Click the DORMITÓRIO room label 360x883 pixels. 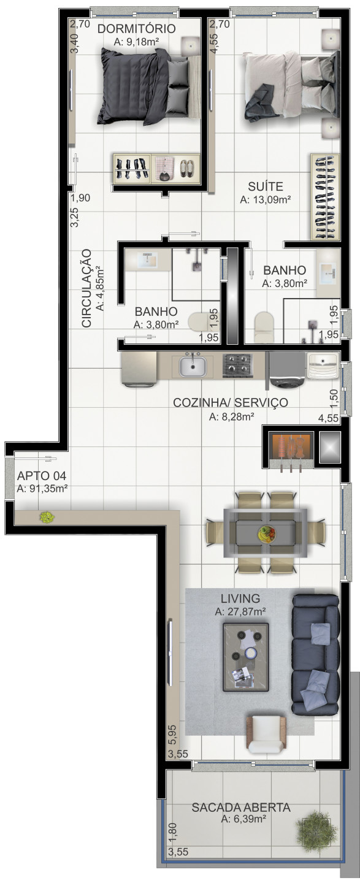pyautogui.click(x=136, y=29)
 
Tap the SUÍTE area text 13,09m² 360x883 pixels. pyautogui.click(x=265, y=199)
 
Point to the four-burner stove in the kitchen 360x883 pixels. pyautogui.click(x=237, y=366)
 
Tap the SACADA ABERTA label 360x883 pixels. pyautogui.click(x=241, y=808)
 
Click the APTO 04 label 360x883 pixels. pyautogui.click(x=41, y=476)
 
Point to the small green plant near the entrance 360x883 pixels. pyautogui.click(x=46, y=517)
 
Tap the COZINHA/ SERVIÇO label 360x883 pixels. pyautogui.click(x=230, y=402)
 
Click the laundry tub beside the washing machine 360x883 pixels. pyautogui.click(x=322, y=369)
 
